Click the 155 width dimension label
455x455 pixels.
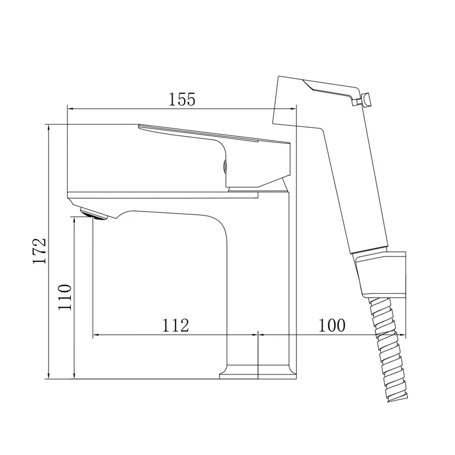coord(182,99)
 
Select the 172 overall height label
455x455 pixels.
coord(40,251)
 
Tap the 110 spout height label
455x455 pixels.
coord(65,297)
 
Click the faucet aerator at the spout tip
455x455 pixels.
coord(93,214)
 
